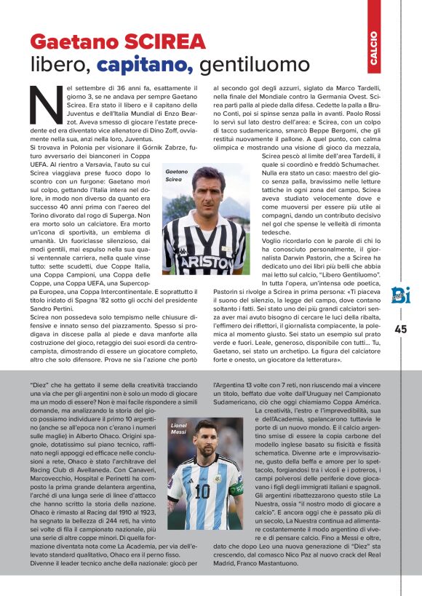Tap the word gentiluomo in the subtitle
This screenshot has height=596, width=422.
[x=244, y=65]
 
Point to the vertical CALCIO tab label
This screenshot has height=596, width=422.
[x=373, y=49]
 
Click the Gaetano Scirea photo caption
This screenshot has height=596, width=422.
[x=176, y=175]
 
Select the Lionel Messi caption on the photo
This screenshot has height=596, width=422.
[x=178, y=429]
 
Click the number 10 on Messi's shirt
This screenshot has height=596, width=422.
[x=202, y=492]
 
